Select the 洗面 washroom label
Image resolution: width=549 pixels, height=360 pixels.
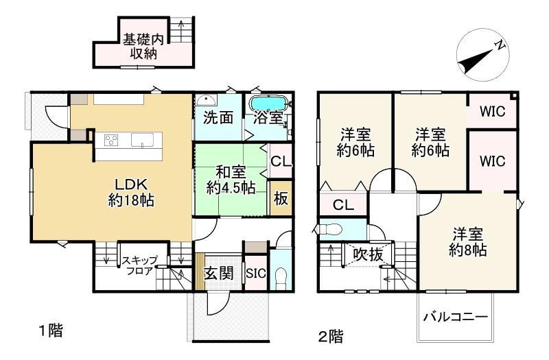218,117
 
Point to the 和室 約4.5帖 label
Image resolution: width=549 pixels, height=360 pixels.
231,180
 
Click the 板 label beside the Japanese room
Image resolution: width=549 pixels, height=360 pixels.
280,199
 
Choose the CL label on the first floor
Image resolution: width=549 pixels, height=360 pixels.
280,163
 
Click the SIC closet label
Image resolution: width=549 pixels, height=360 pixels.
255,273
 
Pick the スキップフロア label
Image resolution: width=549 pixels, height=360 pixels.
140,265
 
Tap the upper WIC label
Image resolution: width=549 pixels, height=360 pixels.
492,111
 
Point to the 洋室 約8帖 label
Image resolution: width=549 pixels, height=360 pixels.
469,241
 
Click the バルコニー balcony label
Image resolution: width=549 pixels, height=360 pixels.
455,317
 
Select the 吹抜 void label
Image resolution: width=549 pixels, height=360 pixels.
367,254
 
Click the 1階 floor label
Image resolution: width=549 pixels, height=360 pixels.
50,332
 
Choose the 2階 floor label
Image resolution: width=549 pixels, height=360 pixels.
330,336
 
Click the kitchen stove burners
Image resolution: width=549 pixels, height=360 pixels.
111,140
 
